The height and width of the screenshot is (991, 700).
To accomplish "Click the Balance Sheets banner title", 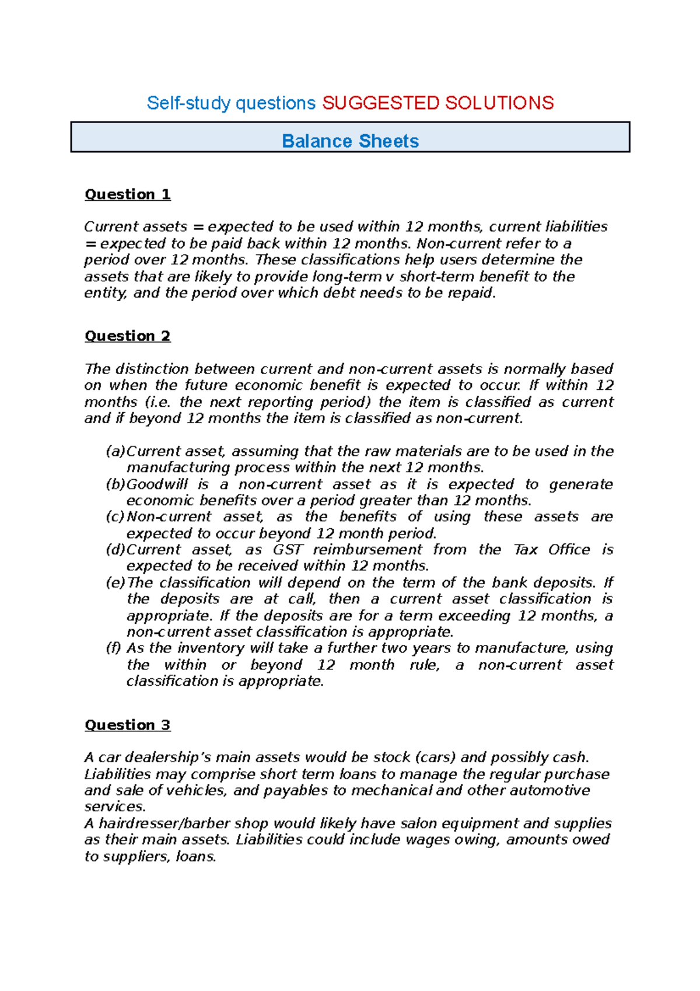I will [x=350, y=141].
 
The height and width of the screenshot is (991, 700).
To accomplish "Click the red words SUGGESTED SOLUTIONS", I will [x=437, y=103].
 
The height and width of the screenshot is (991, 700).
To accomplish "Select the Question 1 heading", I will [x=127, y=194].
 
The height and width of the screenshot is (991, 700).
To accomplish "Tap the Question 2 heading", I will [x=127, y=336].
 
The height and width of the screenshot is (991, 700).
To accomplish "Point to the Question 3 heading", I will [x=127, y=725].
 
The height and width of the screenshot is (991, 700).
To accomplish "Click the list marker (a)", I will [x=115, y=451].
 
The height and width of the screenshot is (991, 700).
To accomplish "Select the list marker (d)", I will [x=115, y=550].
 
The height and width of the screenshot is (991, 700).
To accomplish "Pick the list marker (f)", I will [x=113, y=648].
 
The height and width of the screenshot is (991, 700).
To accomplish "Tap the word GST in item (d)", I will [x=288, y=550].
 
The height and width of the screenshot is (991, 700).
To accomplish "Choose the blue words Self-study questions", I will [x=231, y=103].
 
